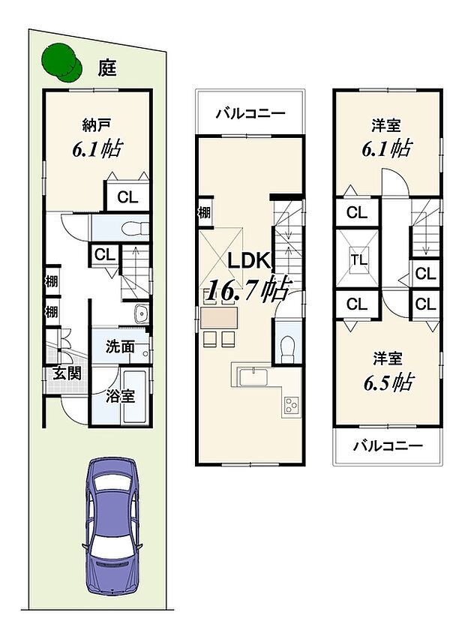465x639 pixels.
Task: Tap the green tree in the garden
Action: tap(62, 61)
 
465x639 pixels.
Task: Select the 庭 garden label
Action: tap(107, 69)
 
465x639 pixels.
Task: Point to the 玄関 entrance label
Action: tap(66, 373)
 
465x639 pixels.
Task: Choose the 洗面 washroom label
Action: tap(119, 347)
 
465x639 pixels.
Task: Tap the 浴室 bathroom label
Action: tap(119, 395)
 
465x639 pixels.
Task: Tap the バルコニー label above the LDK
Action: tap(250, 114)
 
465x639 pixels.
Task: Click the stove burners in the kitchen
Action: tap(290, 406)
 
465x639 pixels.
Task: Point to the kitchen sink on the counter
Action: tap(253, 373)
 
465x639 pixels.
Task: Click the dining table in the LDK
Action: tap(217, 317)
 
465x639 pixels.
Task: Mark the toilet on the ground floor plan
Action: tap(130, 226)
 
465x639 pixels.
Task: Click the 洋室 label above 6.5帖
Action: tap(386, 355)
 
